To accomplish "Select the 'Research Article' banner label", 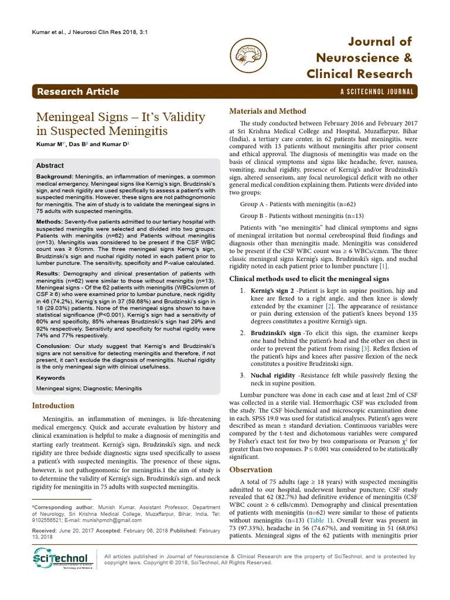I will pyautogui.click(x=78, y=91).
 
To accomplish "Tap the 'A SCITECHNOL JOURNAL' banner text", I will pyautogui.click(x=377, y=92).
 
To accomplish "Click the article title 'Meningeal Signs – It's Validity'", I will pyautogui.click(x=121, y=117).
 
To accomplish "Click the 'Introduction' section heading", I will pyautogui.click(x=53, y=405).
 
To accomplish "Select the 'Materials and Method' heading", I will pyautogui.click(x=267, y=111).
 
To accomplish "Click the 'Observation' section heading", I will pyautogui.click(x=251, y=469).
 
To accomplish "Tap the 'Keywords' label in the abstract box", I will pyautogui.click(x=50, y=378).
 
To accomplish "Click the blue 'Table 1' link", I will pyautogui.click(x=321, y=520).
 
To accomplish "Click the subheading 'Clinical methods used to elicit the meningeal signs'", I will pyautogui.click(x=309, y=278).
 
